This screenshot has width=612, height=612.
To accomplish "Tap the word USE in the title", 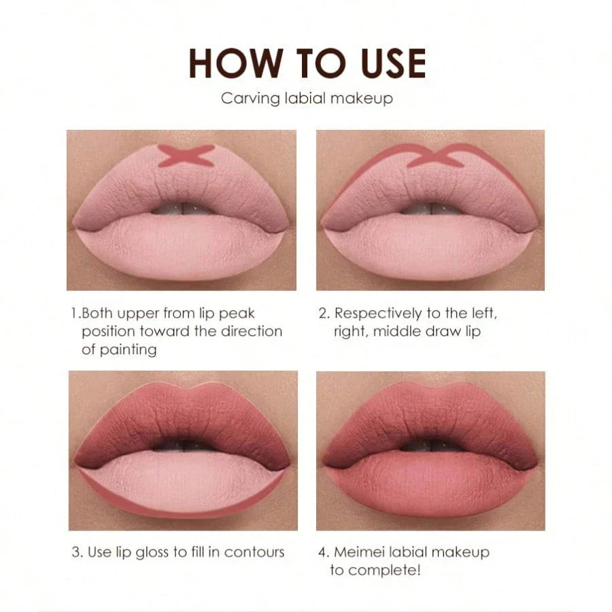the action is pos(394,64).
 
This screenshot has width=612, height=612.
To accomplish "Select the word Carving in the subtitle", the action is pos(250,99).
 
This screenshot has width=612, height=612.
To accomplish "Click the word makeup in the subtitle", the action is pos(362,99).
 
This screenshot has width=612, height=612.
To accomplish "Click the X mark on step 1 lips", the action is pos(186,156).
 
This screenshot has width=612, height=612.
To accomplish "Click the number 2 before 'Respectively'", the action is pos(323,313).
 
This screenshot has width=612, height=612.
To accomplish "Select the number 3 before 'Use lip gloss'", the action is pos(76,552).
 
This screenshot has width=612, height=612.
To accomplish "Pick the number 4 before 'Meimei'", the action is pos(323,552).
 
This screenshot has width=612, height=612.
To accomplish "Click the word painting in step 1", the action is pos(128,350).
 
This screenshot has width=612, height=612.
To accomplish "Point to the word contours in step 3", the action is pos(254,552).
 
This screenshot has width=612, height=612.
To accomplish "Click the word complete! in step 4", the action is pos(384,571).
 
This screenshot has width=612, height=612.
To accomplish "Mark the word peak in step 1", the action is pos(237,313).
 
